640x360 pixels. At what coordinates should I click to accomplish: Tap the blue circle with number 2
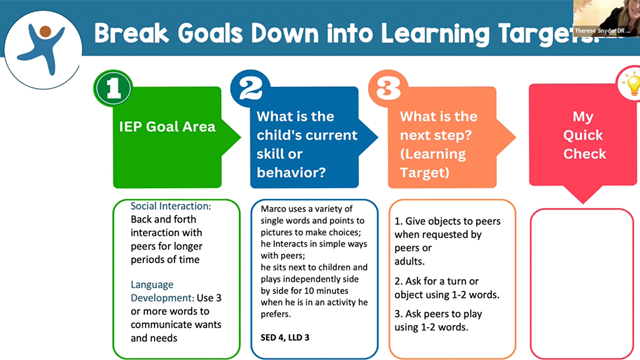(250, 88)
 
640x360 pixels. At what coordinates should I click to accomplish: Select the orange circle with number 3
(386, 88)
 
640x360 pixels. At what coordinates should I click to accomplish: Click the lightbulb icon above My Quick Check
(630, 85)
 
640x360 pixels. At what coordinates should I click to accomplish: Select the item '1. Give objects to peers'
(450, 219)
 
